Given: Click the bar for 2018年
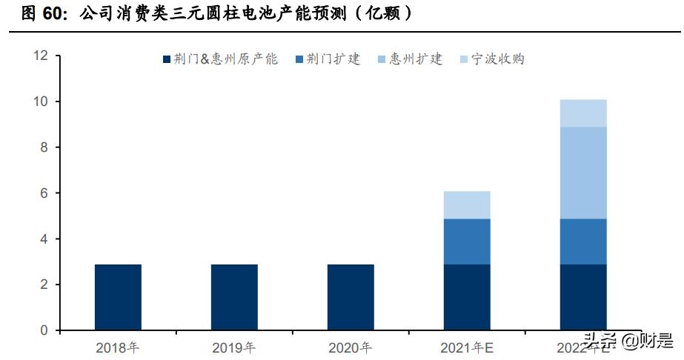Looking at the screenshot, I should click(118, 297).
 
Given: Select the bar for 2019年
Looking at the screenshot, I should click(234, 297).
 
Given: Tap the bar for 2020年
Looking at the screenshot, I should click(351, 297).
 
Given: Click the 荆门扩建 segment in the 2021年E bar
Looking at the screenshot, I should click(467, 241).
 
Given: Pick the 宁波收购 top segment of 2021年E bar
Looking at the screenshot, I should click(467, 205).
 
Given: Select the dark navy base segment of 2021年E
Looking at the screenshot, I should click(467, 297).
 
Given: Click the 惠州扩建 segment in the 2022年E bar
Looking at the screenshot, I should click(583, 173).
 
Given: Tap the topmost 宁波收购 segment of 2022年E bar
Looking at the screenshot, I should click(583, 113).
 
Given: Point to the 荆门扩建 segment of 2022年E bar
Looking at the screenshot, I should click(583, 241).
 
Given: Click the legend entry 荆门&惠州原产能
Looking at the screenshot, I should click(219, 59).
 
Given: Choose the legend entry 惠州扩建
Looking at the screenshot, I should click(409, 59).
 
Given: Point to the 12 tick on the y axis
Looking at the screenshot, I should click(41, 56).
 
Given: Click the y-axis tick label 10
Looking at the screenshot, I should click(41, 101).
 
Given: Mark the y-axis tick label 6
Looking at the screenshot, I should click(44, 193).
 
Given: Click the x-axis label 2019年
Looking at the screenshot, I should click(234, 347).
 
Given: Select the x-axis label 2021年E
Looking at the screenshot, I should click(467, 347).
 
